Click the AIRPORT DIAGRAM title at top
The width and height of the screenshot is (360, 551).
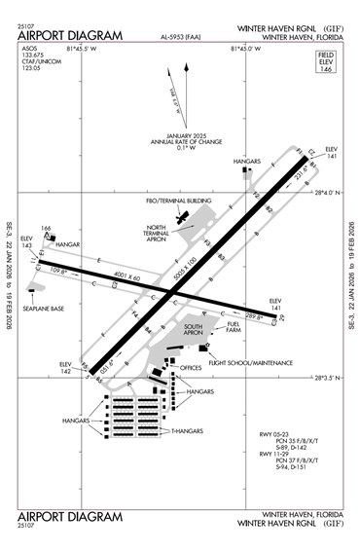coord(70,36)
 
